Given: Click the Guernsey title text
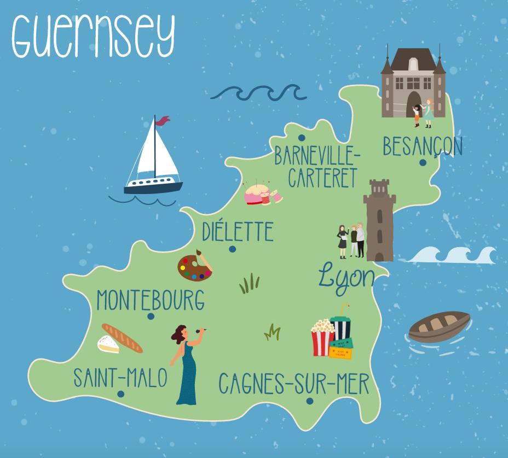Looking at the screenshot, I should (x=93, y=36).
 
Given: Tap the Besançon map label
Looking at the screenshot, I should (x=422, y=146).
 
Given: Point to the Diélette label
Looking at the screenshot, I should (x=237, y=231).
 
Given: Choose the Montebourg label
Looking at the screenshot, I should (x=151, y=300).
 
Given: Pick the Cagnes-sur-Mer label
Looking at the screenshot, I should (x=294, y=384).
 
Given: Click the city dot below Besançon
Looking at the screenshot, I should (x=423, y=162).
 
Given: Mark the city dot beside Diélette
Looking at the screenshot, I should (x=233, y=249).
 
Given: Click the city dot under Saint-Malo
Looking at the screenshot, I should (x=120, y=394).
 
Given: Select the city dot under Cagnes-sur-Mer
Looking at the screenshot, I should (x=310, y=401).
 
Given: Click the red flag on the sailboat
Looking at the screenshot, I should (x=163, y=120).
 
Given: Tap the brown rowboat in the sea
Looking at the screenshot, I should (x=439, y=326).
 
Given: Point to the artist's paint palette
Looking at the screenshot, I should (x=194, y=266).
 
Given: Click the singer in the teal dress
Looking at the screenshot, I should (x=186, y=363).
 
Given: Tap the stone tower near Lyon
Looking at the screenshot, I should (x=380, y=221).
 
